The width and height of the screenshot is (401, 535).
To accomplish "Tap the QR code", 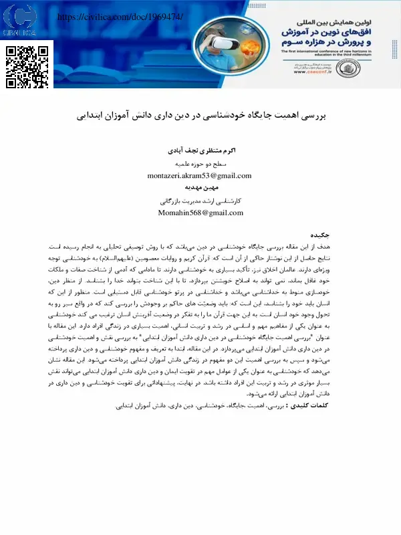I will click(x=28, y=67).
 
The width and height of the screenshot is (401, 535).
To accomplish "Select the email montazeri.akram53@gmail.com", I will click(x=199, y=176).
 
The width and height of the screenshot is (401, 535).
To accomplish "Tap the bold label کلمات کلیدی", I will click(x=338, y=405).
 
